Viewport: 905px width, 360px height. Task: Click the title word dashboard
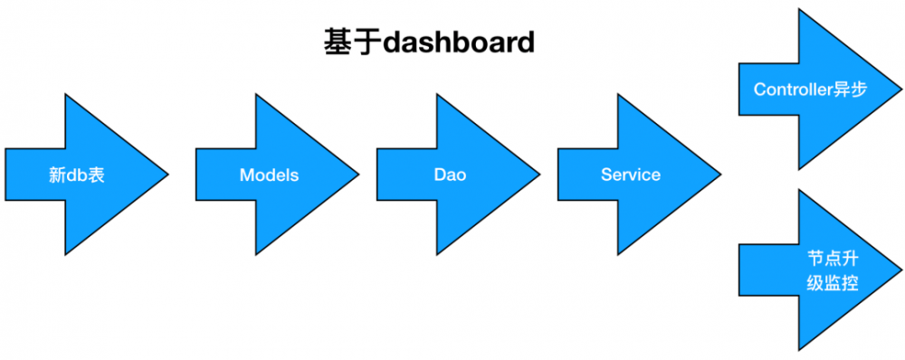pos(459,43)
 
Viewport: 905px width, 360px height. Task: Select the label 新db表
pos(77,175)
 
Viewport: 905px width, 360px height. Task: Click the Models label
pos(269,175)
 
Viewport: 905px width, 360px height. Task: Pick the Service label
pos(631,175)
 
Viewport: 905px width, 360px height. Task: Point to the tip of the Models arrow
pos(358,175)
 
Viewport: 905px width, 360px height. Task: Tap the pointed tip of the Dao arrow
pos(539,175)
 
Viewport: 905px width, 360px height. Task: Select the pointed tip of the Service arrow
pos(720,175)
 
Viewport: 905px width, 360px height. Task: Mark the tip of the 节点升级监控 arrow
pos(901,270)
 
